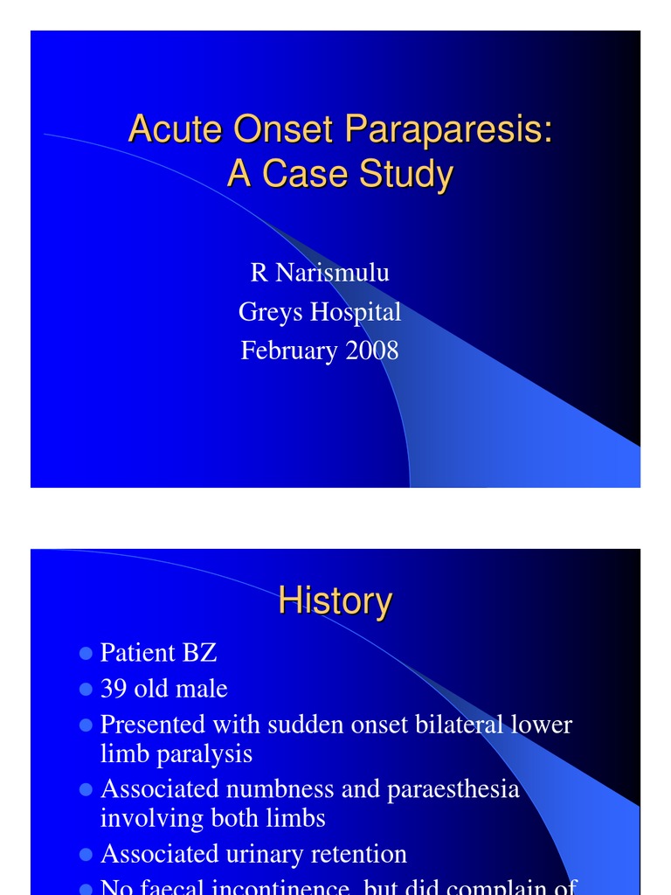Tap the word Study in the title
(x=405, y=173)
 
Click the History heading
(x=335, y=601)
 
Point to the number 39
(x=114, y=689)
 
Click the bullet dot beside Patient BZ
(x=86, y=653)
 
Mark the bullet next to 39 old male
(x=86, y=689)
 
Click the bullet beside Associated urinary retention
(x=86, y=854)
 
